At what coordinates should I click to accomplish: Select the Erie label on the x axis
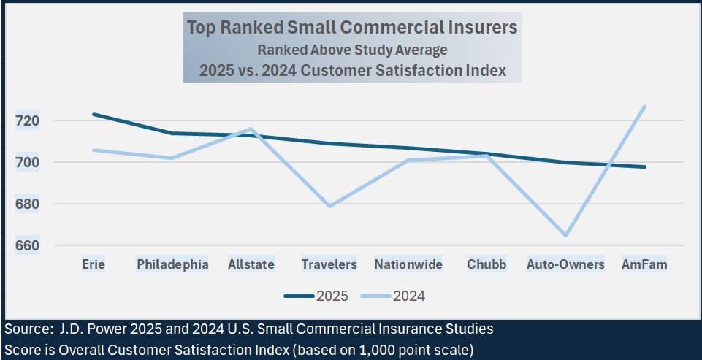point(93,264)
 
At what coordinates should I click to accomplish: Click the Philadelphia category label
point(172,264)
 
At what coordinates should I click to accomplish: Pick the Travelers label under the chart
point(329,264)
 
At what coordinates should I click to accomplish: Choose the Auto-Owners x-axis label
point(565,264)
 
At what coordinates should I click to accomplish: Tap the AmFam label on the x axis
point(644,264)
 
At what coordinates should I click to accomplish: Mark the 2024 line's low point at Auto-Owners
point(565,235)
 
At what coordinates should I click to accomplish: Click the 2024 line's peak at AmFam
point(644,107)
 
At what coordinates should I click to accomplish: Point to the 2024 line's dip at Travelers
point(329,206)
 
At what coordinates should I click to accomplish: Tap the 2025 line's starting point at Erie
point(93,115)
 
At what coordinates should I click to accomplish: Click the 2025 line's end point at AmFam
point(644,166)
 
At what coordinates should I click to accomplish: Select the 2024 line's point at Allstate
point(251,129)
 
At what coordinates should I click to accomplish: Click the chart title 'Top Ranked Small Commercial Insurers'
point(352,28)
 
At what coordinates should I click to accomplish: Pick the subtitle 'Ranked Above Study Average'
point(352,50)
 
